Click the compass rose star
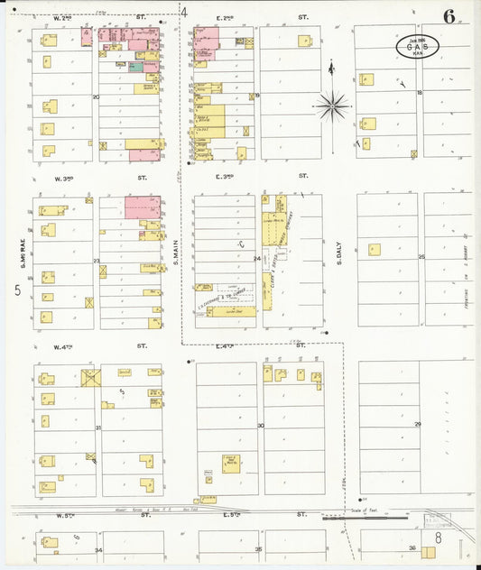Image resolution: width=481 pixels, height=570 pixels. pyautogui.click(x=333, y=106)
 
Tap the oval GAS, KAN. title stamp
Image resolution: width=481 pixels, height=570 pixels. pyautogui.click(x=417, y=47)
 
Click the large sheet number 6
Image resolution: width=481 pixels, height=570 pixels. pyautogui.click(x=448, y=16)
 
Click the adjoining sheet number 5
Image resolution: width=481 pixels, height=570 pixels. pyautogui.click(x=17, y=290)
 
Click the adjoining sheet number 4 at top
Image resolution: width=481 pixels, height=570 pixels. pyautogui.click(x=184, y=13)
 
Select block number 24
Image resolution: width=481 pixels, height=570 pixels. pyautogui.click(x=256, y=259)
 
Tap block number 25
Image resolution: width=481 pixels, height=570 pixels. pyautogui.click(x=421, y=257)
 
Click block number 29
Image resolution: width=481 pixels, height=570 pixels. pyautogui.click(x=418, y=424)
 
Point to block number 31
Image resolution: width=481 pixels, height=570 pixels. pyautogui.click(x=97, y=427)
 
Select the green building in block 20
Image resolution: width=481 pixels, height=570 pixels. pyautogui.click(x=135, y=67)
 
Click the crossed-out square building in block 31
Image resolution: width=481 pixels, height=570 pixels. pyautogui.click(x=91, y=378)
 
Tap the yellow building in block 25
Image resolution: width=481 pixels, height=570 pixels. pyautogui.click(x=374, y=250)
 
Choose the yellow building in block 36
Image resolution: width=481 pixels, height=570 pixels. pyautogui.click(x=429, y=551)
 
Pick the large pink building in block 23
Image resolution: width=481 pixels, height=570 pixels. pyautogui.click(x=143, y=207)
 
